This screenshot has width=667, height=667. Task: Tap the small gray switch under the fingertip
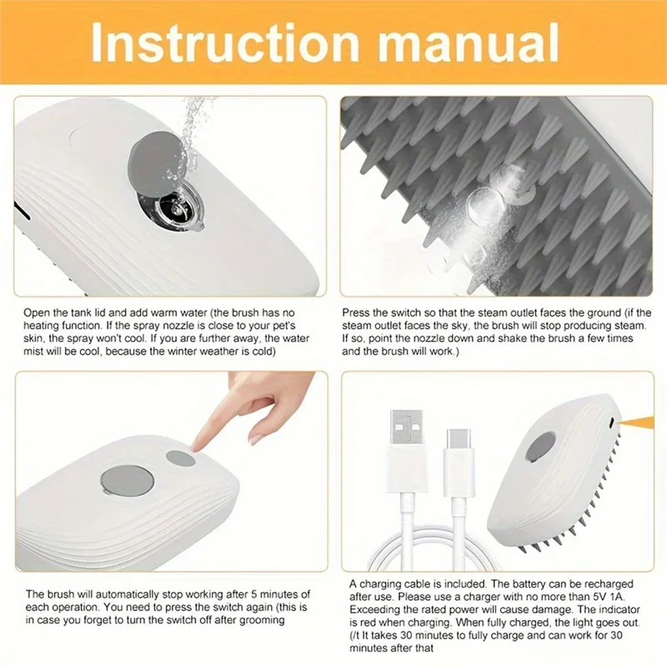[180, 458]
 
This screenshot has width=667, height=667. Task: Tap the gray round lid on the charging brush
[542, 449]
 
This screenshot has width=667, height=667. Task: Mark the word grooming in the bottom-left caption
[258, 619]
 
